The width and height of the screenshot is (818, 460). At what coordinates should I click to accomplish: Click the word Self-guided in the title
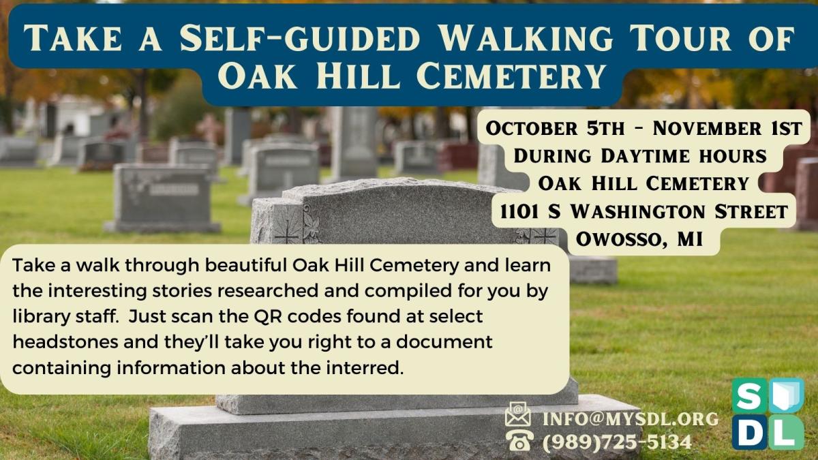coord(299,38)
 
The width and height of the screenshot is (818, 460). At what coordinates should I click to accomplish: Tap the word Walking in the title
coord(525,38)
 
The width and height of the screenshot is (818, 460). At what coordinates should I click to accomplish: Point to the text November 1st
coord(727,129)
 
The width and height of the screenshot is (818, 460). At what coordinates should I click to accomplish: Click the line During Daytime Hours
coord(640,156)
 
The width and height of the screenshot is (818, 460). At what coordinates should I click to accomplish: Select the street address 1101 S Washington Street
coord(643,211)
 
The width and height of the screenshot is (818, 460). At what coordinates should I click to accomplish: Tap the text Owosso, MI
coord(639,239)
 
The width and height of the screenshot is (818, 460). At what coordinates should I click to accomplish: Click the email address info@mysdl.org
coord(631,419)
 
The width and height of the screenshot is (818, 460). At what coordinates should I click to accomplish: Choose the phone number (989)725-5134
coord(618,442)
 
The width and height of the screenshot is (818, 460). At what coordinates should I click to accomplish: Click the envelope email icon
coord(518,414)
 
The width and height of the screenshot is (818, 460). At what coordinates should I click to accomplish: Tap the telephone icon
coord(519,440)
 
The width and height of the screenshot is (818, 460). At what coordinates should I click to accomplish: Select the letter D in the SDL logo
coord(749,432)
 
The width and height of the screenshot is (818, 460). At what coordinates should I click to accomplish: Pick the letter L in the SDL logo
coord(785,432)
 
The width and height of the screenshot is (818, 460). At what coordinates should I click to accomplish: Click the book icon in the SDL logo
coord(786,396)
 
